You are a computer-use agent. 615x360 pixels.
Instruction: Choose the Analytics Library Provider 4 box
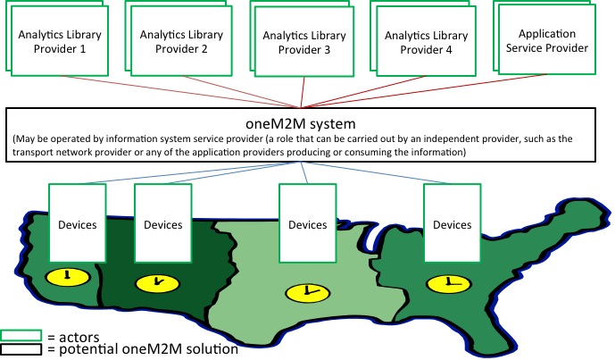419,41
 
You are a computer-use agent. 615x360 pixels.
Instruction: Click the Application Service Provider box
546,40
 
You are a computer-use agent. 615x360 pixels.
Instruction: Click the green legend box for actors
23,336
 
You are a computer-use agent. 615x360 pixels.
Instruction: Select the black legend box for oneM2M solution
23,349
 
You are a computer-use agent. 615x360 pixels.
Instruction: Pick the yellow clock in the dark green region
151,283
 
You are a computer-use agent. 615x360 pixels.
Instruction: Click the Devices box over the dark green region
162,223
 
